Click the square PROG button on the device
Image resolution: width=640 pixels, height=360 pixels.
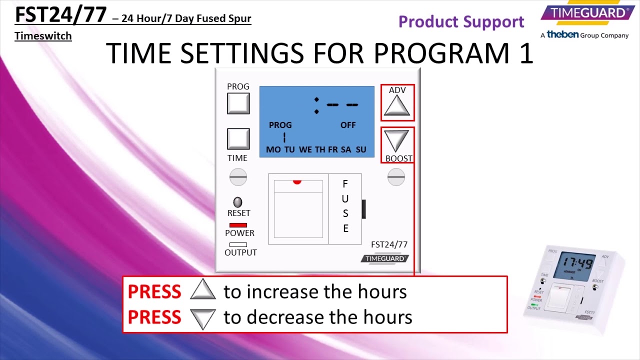click(238, 103)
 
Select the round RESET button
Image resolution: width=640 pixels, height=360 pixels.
click(238, 202)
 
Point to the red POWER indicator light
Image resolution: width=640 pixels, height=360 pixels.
click(238, 225)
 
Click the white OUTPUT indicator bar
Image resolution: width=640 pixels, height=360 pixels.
click(238, 244)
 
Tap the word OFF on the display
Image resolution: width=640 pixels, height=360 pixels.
click(348, 125)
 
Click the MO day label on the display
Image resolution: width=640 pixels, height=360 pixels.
click(273, 149)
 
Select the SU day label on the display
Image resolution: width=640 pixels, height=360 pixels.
click(360, 149)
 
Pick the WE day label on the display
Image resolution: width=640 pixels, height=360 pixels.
click(305, 149)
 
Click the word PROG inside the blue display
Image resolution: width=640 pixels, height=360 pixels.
click(280, 125)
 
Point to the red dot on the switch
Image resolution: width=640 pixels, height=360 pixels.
click(297, 182)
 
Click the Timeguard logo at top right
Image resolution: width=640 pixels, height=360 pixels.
click(584, 13)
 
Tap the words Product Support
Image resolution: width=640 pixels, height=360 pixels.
click(461, 22)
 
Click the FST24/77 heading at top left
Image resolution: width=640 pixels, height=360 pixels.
click(60, 14)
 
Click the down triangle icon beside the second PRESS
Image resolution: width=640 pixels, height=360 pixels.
click(202, 318)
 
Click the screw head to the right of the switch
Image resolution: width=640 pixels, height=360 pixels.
click(396, 176)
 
